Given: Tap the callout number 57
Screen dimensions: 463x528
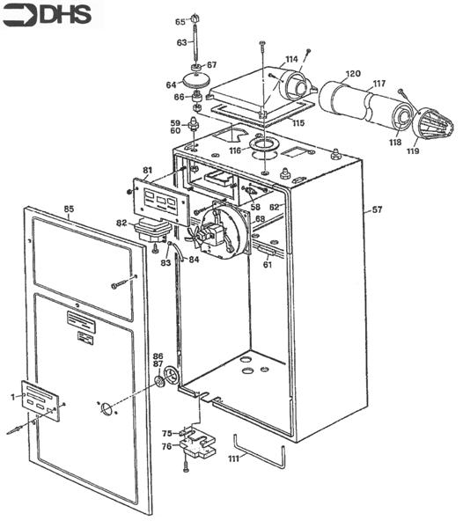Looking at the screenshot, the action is pos(377,209).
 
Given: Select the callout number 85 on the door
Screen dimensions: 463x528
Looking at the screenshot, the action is pos(69,209).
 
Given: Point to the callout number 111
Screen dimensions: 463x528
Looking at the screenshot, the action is pos(233,458).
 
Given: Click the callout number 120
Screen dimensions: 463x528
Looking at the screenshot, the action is pos(353,73).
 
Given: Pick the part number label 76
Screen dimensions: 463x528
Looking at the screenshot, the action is pos(166,446).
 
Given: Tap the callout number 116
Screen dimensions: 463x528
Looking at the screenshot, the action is pos(235,150).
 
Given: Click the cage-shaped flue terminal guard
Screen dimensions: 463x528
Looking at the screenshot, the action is pos(433,124).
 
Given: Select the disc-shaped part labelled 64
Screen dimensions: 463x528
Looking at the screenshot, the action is pos(196,80).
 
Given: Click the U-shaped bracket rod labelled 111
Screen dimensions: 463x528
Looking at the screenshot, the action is pos(260,453).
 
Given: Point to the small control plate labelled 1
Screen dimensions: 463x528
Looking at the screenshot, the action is pos(40,400).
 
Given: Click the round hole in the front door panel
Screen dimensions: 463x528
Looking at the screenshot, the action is pos(107,407).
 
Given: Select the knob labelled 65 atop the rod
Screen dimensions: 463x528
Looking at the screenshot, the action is pos(195,18).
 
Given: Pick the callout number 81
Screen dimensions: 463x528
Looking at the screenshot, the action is pos(148,171).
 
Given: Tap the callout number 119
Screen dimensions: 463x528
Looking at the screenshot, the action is pos(413,150).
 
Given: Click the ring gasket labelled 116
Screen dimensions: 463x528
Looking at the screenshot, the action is pos(265,145).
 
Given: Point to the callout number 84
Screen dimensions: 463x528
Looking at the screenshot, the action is pos(194,260).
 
